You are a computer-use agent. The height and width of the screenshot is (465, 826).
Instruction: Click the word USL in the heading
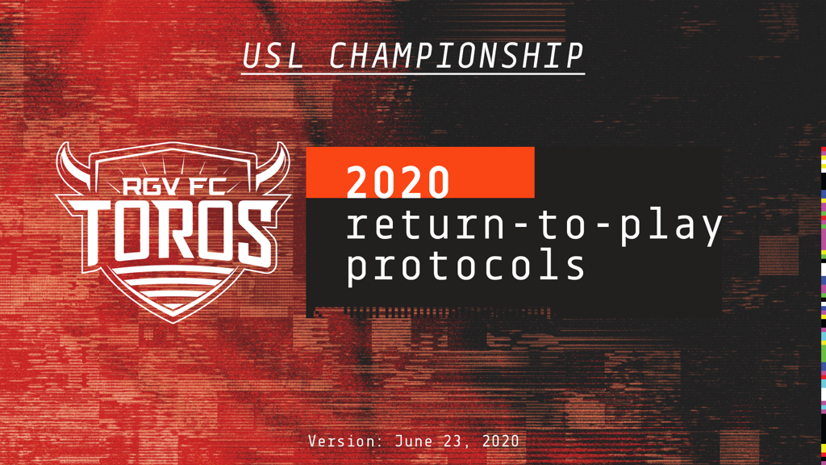point(273,56)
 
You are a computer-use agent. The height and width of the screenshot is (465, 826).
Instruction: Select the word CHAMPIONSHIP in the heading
point(457,56)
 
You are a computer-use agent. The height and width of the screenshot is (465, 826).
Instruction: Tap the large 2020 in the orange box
point(398,182)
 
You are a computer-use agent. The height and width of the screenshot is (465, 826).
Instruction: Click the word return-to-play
point(534,226)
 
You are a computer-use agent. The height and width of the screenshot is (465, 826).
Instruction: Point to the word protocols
point(465,265)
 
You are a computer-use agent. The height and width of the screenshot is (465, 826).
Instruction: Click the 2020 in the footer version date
point(500,441)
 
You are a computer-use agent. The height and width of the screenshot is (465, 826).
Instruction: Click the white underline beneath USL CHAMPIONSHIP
point(413,73)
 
